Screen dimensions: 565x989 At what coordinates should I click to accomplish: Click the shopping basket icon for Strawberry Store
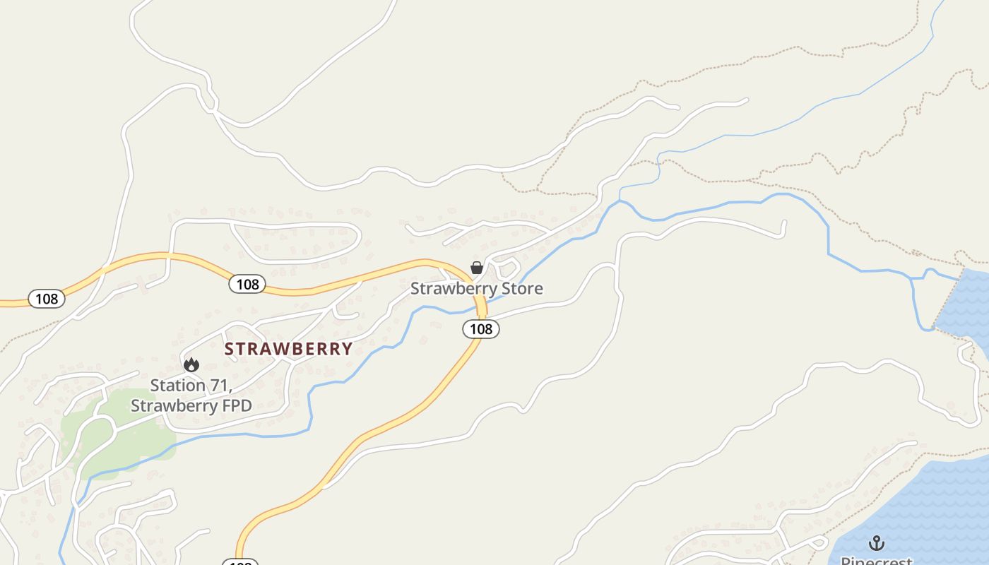(x=477, y=268)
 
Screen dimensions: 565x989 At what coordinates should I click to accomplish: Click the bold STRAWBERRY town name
(x=288, y=349)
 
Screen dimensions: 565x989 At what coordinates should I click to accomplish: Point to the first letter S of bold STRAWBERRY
(x=230, y=349)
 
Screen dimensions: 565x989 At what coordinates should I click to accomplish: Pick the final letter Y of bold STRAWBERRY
(x=347, y=349)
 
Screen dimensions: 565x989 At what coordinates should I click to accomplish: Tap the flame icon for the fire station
(x=191, y=365)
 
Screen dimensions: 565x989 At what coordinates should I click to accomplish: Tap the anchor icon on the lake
(x=876, y=543)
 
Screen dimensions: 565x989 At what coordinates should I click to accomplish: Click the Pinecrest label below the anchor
(x=876, y=561)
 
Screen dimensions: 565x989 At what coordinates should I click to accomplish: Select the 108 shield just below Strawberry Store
(x=481, y=328)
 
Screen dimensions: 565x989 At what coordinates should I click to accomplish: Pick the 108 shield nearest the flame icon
(x=247, y=284)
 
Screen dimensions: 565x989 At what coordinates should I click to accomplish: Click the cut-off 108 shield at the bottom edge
(x=240, y=562)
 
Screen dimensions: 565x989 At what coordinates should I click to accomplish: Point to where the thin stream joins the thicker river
(x=620, y=201)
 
